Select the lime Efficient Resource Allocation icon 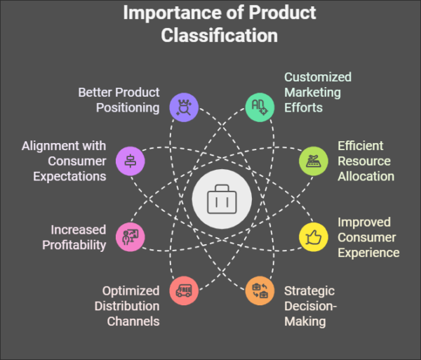(313, 161)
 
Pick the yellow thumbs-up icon (313, 236)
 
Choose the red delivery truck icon (184, 290)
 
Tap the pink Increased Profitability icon (130, 236)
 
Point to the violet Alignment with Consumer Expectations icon (130, 161)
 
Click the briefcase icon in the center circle (221, 199)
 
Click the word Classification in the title (220, 34)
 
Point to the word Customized (317, 77)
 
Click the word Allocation (365, 176)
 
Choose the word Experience (368, 253)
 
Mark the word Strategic (309, 291)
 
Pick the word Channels (133, 321)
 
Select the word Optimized (131, 291)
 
